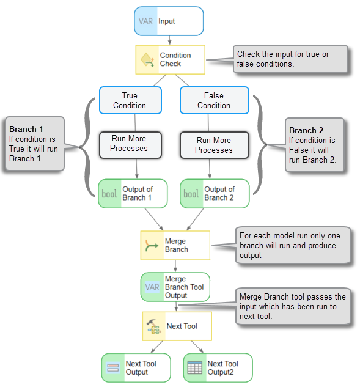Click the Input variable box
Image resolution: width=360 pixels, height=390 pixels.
pos(169,21)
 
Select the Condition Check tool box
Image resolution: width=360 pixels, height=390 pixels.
pos(171,60)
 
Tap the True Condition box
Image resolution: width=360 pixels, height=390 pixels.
pos(130,100)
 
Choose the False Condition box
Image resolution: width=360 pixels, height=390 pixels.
pos(215,100)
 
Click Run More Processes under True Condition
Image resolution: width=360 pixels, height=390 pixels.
pos(130,145)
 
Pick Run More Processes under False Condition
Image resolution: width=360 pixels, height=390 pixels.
pos(215,145)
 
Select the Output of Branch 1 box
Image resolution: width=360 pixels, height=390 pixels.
pos(133,194)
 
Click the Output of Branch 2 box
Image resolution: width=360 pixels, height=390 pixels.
pos(215,194)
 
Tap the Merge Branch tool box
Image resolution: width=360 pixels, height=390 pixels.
pos(175,246)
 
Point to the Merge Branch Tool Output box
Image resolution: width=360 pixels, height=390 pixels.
pos(175,287)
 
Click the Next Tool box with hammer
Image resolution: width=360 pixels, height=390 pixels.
pos(177,326)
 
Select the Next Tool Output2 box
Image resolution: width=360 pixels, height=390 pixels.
pos(218,368)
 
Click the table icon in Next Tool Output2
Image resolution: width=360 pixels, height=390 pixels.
pos(194,368)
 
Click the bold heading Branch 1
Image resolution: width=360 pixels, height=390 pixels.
pos(26,129)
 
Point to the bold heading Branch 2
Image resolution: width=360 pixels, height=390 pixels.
pos(306,130)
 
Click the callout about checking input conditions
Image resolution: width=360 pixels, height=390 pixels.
pos(290,59)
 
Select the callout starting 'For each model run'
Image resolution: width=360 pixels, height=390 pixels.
pos(293,245)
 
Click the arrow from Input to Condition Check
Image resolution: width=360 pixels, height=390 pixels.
pos(169,40)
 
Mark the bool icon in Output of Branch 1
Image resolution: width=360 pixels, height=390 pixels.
pos(109,194)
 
